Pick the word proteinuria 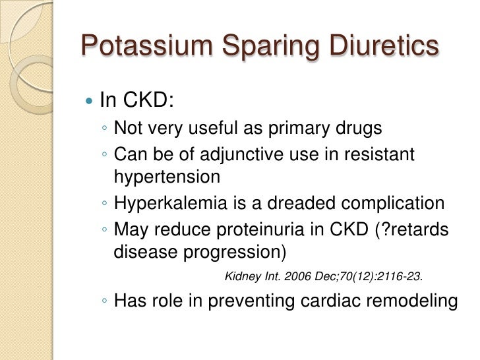[268, 230]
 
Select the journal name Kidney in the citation [241, 276]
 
